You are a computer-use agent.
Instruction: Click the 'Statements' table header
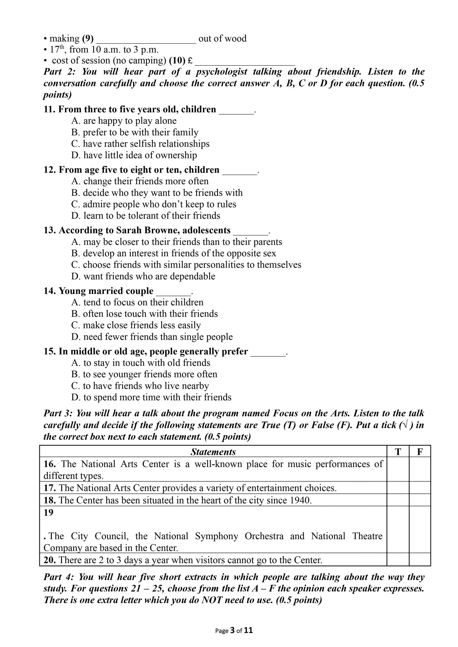pyautogui.click(x=213, y=452)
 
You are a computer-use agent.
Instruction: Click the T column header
pyautogui.click(x=398, y=452)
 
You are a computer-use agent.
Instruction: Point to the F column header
pyautogui.click(x=420, y=452)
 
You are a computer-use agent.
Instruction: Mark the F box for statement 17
pyautogui.click(x=420, y=488)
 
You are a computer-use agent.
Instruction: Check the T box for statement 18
pyautogui.click(x=398, y=500)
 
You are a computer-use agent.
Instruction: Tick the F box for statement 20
pyautogui.click(x=420, y=560)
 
